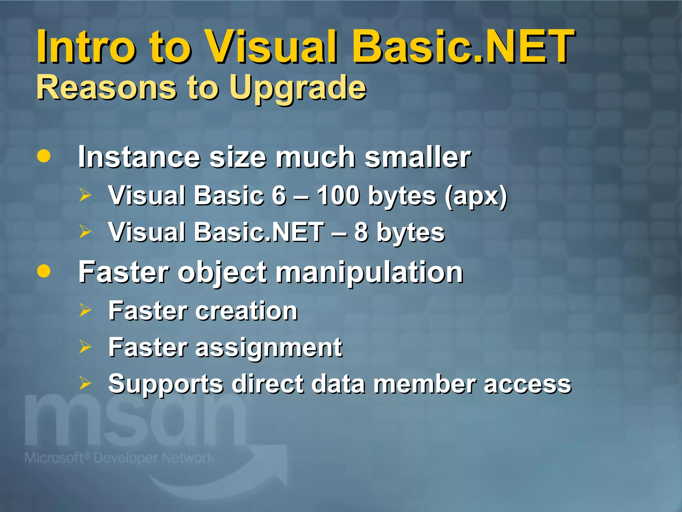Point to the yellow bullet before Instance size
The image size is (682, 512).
click(x=44, y=156)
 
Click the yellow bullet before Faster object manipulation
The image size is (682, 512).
click(x=44, y=271)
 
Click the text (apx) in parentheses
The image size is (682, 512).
click(x=476, y=197)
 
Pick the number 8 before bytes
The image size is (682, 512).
click(x=361, y=232)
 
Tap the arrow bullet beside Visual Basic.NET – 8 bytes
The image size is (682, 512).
click(x=85, y=231)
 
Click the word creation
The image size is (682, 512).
click(x=246, y=311)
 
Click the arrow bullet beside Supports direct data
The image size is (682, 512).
click(x=85, y=383)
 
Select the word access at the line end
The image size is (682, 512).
click(x=527, y=384)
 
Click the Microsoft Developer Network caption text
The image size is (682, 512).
click(x=119, y=458)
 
